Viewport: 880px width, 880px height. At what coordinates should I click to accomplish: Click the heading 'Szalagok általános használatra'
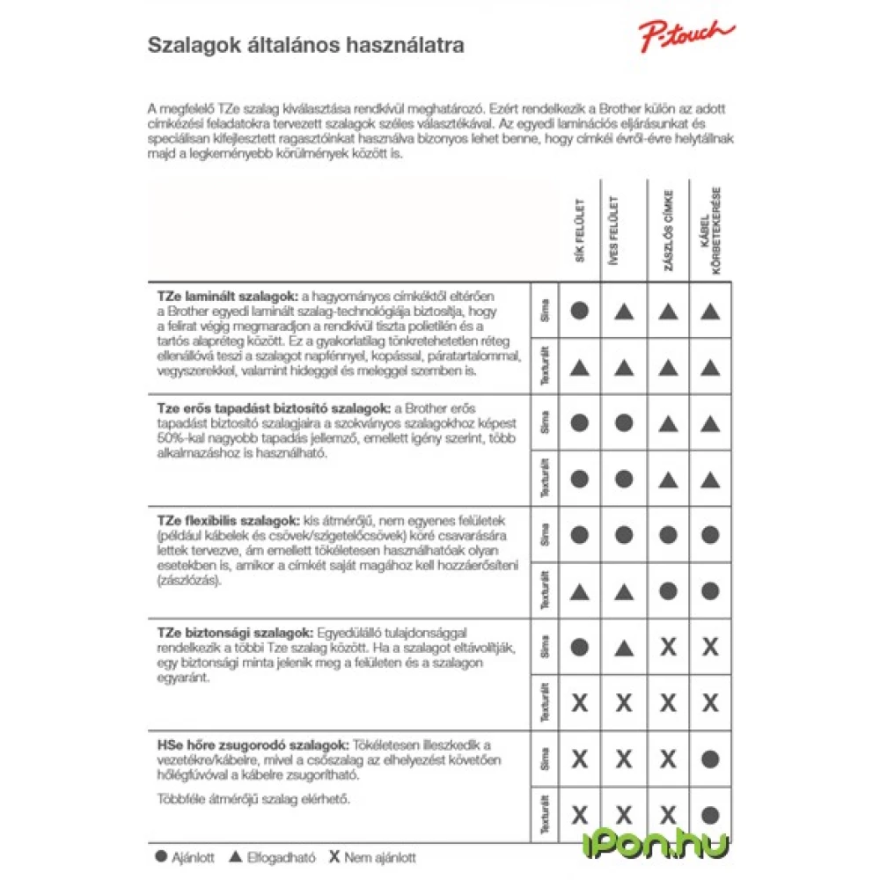[305, 46]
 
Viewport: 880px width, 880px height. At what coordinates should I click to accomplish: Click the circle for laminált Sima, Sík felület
[579, 311]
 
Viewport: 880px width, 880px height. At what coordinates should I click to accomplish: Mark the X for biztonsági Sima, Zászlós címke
[668, 648]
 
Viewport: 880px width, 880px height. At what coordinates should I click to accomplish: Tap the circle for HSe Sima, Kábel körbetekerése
[711, 759]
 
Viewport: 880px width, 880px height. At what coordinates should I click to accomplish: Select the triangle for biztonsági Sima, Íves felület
[623, 649]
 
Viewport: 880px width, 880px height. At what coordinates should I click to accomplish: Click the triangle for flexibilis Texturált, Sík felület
[579, 591]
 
